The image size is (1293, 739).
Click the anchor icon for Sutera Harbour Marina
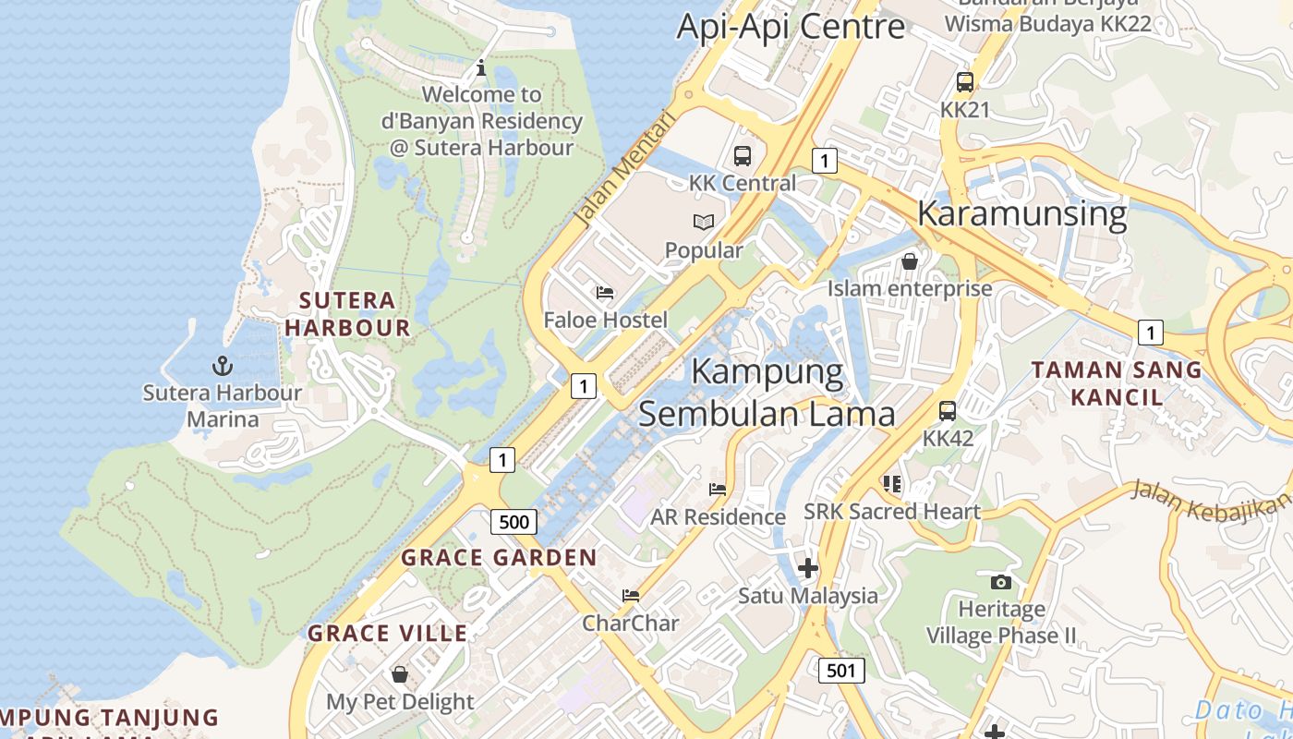click(223, 366)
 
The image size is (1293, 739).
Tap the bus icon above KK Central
click(743, 155)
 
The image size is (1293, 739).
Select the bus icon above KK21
click(965, 82)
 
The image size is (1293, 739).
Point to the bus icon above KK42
click(948, 411)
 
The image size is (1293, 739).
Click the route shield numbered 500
click(514, 522)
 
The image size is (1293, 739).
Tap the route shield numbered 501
click(841, 670)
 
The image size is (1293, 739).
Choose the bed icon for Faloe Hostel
click(605, 293)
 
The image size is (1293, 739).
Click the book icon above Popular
click(704, 222)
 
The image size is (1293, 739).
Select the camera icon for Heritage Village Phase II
click(1001, 582)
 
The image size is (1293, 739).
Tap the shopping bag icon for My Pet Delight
click(400, 674)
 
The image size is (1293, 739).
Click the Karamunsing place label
click(1021, 214)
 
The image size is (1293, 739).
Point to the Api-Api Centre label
click(791, 26)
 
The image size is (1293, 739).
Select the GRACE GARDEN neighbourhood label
click(499, 558)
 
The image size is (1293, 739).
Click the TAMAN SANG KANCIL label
click(1117, 383)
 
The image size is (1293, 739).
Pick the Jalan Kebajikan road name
click(1210, 503)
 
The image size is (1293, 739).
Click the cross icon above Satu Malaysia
click(808, 567)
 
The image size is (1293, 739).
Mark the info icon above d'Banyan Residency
click(480, 67)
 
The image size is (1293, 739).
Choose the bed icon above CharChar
click(631, 596)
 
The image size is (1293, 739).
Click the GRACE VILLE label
click(388, 634)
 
